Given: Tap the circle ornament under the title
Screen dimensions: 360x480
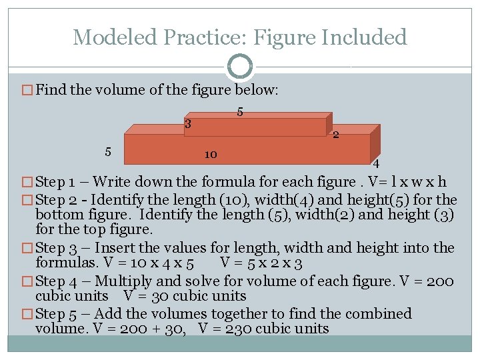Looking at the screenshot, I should pos(240,66).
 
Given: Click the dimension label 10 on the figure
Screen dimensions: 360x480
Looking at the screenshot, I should pos(210,154).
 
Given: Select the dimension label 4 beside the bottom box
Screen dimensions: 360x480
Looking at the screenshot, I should pos(377,164).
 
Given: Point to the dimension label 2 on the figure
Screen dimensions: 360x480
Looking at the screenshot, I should pos(336,135).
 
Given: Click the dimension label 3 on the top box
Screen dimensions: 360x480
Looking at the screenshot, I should pos(189,123).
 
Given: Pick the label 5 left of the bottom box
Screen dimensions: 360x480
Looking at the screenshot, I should pos(108,151).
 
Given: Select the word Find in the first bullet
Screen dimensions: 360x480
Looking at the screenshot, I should pos(51,90).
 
